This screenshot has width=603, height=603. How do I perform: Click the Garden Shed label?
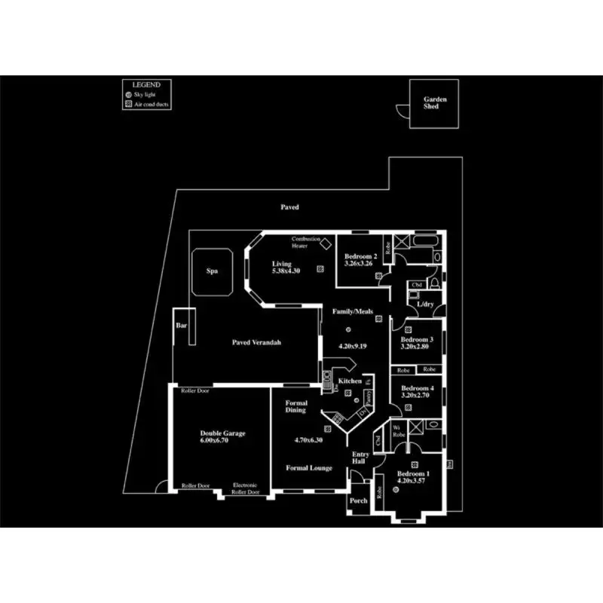coord(436,103)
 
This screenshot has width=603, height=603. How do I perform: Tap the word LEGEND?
coord(147,84)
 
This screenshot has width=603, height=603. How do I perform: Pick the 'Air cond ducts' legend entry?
coord(152,105)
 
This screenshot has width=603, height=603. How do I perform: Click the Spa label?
coord(213,271)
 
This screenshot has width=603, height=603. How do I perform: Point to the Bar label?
coord(181,326)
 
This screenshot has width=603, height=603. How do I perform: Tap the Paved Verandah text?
coord(256,342)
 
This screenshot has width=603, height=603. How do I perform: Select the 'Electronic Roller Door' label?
coord(246,488)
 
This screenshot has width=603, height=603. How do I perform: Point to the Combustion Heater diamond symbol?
coord(326,243)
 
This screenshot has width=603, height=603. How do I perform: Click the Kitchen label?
coord(350,381)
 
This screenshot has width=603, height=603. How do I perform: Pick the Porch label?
coord(359,500)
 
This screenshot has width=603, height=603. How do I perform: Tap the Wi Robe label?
coord(401,431)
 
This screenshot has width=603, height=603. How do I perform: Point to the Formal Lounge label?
coord(309,468)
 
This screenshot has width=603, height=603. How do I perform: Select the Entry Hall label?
coord(361,458)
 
